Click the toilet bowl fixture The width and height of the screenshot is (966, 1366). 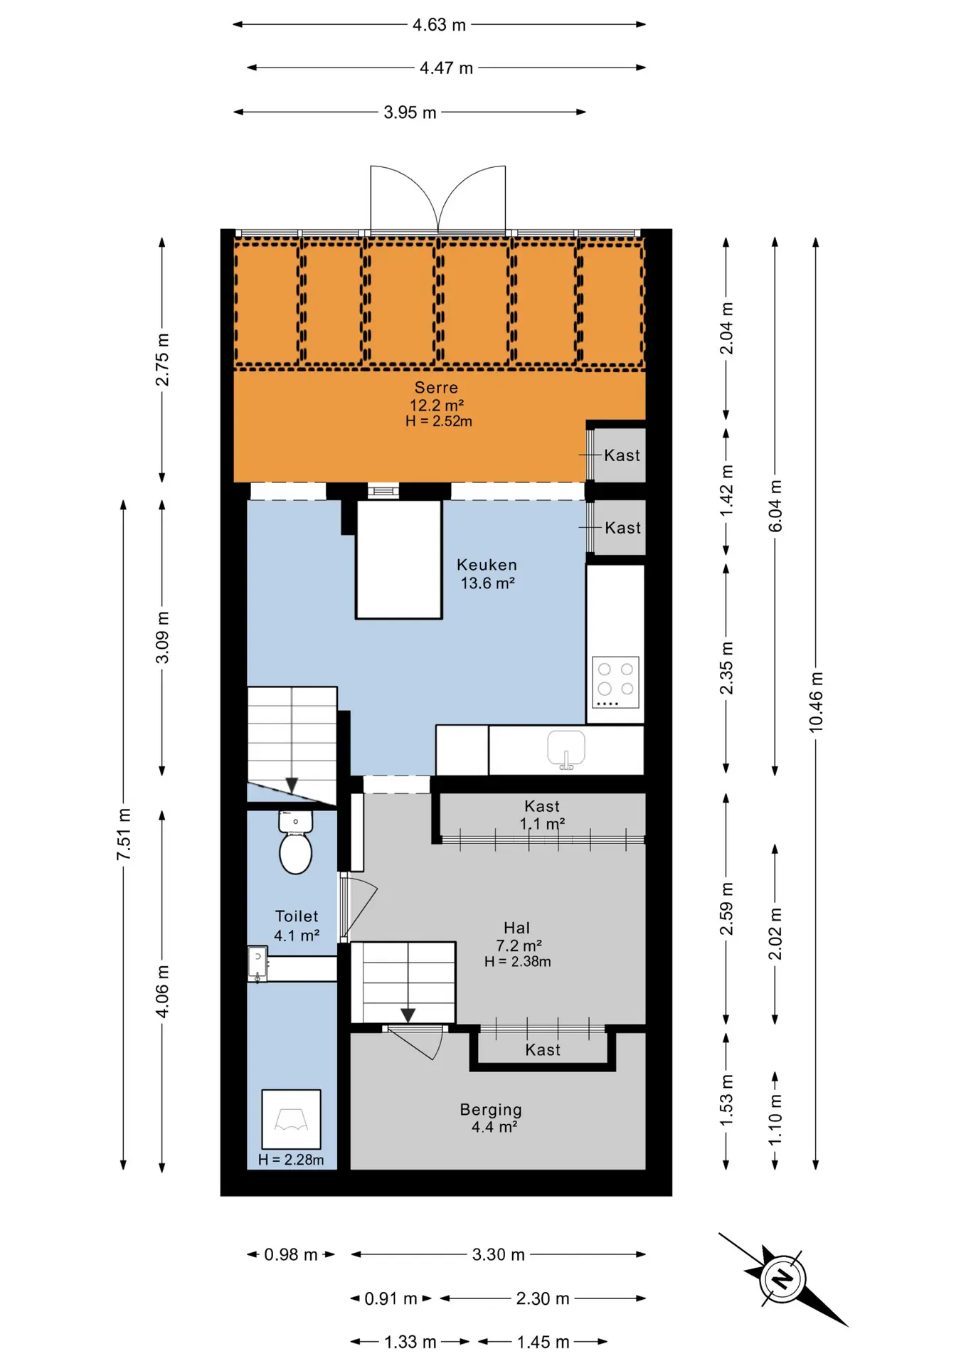tap(295, 843)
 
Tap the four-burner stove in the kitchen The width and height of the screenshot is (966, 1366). tap(615, 682)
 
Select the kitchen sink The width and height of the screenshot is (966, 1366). tap(566, 749)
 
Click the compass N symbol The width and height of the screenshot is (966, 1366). tap(782, 1278)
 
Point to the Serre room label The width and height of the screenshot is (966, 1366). tap(437, 388)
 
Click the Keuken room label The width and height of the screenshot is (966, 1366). tap(487, 565)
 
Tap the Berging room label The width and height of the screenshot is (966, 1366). tap(491, 1109)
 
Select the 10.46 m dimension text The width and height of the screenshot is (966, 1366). tap(816, 701)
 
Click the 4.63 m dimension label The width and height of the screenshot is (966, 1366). tap(439, 25)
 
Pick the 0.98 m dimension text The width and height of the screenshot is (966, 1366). tap(291, 1254)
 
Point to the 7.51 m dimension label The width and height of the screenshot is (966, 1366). tap(124, 834)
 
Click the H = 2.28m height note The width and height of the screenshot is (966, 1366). tap(291, 1160)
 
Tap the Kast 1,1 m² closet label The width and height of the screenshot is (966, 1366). tap(542, 815)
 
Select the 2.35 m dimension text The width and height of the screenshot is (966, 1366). tap(726, 668)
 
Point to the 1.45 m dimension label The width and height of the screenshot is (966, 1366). tap(543, 1342)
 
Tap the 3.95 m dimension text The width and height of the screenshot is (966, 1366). tap(410, 112)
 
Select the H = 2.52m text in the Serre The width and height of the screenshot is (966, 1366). tap(439, 421)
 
